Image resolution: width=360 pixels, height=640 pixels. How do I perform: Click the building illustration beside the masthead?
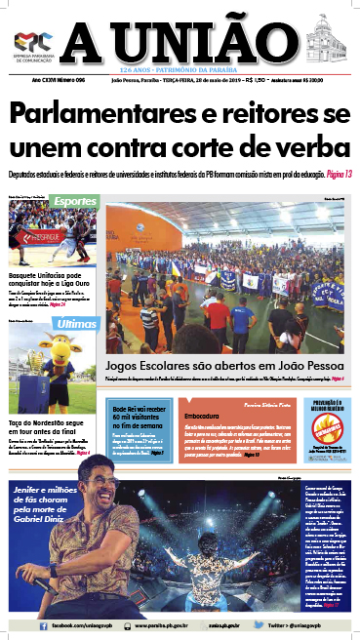tap(326, 42)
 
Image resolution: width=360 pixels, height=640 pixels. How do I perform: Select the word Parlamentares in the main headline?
tap(96, 113)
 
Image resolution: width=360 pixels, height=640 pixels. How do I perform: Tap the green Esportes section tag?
tap(75, 201)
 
